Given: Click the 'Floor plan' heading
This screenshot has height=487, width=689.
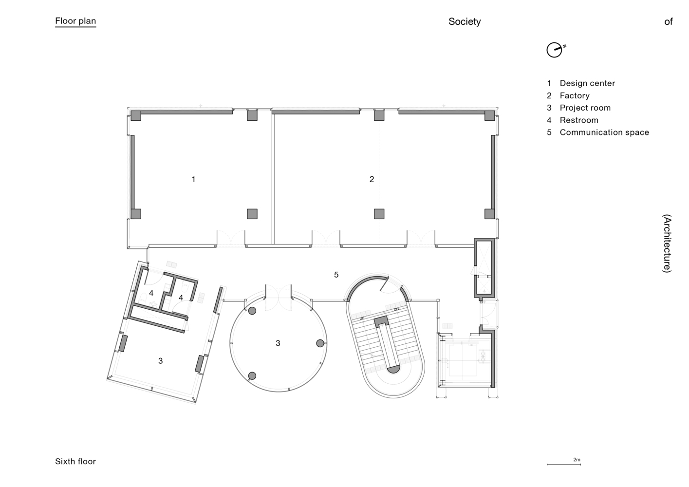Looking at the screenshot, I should [75, 21].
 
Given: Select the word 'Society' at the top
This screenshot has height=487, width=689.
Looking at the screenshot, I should [464, 21].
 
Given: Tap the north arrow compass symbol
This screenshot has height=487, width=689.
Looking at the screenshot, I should [555, 50].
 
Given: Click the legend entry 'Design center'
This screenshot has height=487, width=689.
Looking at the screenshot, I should [587, 83].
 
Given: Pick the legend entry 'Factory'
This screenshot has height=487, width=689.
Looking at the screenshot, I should [574, 95].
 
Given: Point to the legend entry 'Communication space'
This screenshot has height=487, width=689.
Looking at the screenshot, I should [604, 132].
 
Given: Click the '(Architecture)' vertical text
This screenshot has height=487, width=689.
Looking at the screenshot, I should [667, 243].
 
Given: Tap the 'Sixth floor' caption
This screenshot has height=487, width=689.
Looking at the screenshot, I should [75, 461].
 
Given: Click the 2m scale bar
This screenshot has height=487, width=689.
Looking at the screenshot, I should [563, 464].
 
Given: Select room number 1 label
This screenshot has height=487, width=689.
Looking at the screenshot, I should [193, 179].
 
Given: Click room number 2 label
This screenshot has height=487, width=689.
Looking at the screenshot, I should [372, 179].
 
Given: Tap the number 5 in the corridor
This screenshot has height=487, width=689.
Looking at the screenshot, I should [336, 275].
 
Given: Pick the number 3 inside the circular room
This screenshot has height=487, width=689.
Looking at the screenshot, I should [278, 343].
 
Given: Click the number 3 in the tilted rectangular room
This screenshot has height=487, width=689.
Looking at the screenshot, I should [160, 361].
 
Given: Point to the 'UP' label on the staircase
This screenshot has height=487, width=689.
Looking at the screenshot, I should [362, 318].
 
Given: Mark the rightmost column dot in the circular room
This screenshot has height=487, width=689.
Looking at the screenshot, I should [320, 343].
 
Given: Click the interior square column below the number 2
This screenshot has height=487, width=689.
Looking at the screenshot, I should [379, 214].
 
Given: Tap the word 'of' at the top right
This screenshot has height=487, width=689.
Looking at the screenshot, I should [668, 21].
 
